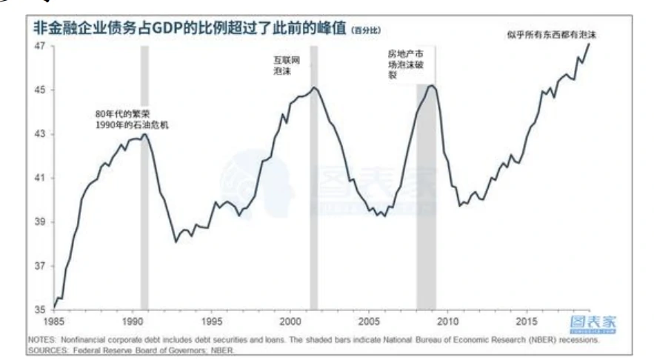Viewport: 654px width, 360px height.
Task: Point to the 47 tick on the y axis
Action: coord(40,46)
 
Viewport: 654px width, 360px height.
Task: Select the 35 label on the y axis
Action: coord(40,310)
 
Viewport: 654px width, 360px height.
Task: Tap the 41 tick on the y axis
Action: coord(40,178)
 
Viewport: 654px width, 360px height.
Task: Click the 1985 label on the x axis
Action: coord(53,321)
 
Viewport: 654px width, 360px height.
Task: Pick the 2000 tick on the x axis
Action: coord(290,321)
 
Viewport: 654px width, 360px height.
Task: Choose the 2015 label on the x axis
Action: coord(527,321)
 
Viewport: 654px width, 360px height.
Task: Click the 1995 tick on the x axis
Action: coord(211,321)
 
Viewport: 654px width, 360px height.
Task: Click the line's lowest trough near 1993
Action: coord(176,241)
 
